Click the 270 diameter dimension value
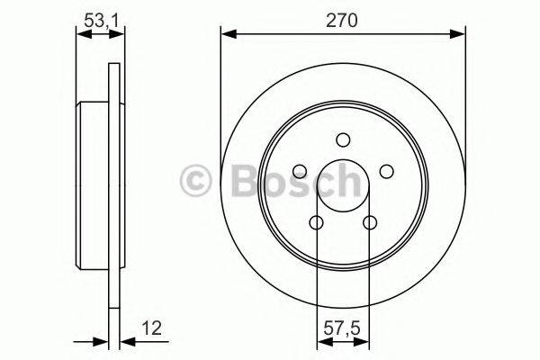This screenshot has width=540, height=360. point(343,20)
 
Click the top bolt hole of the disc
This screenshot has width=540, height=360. point(343,139)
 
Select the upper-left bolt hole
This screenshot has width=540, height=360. point(301,171)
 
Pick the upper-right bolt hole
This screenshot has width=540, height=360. point(386,171)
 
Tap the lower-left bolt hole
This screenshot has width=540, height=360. point(317,222)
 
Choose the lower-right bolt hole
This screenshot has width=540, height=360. point(369,222)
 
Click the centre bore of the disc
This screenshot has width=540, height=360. point(343,186)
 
